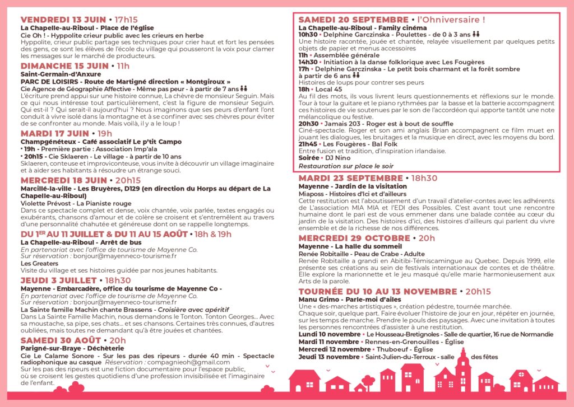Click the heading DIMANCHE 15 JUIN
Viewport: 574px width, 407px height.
64,66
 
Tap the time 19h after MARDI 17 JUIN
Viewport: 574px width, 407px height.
105,134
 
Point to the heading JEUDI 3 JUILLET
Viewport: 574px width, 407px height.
59,280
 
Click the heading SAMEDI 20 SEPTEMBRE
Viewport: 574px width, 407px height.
354,20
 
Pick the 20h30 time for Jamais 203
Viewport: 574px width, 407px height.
308,123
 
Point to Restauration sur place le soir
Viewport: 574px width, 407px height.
346,166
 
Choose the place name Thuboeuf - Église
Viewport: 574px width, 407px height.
391,349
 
